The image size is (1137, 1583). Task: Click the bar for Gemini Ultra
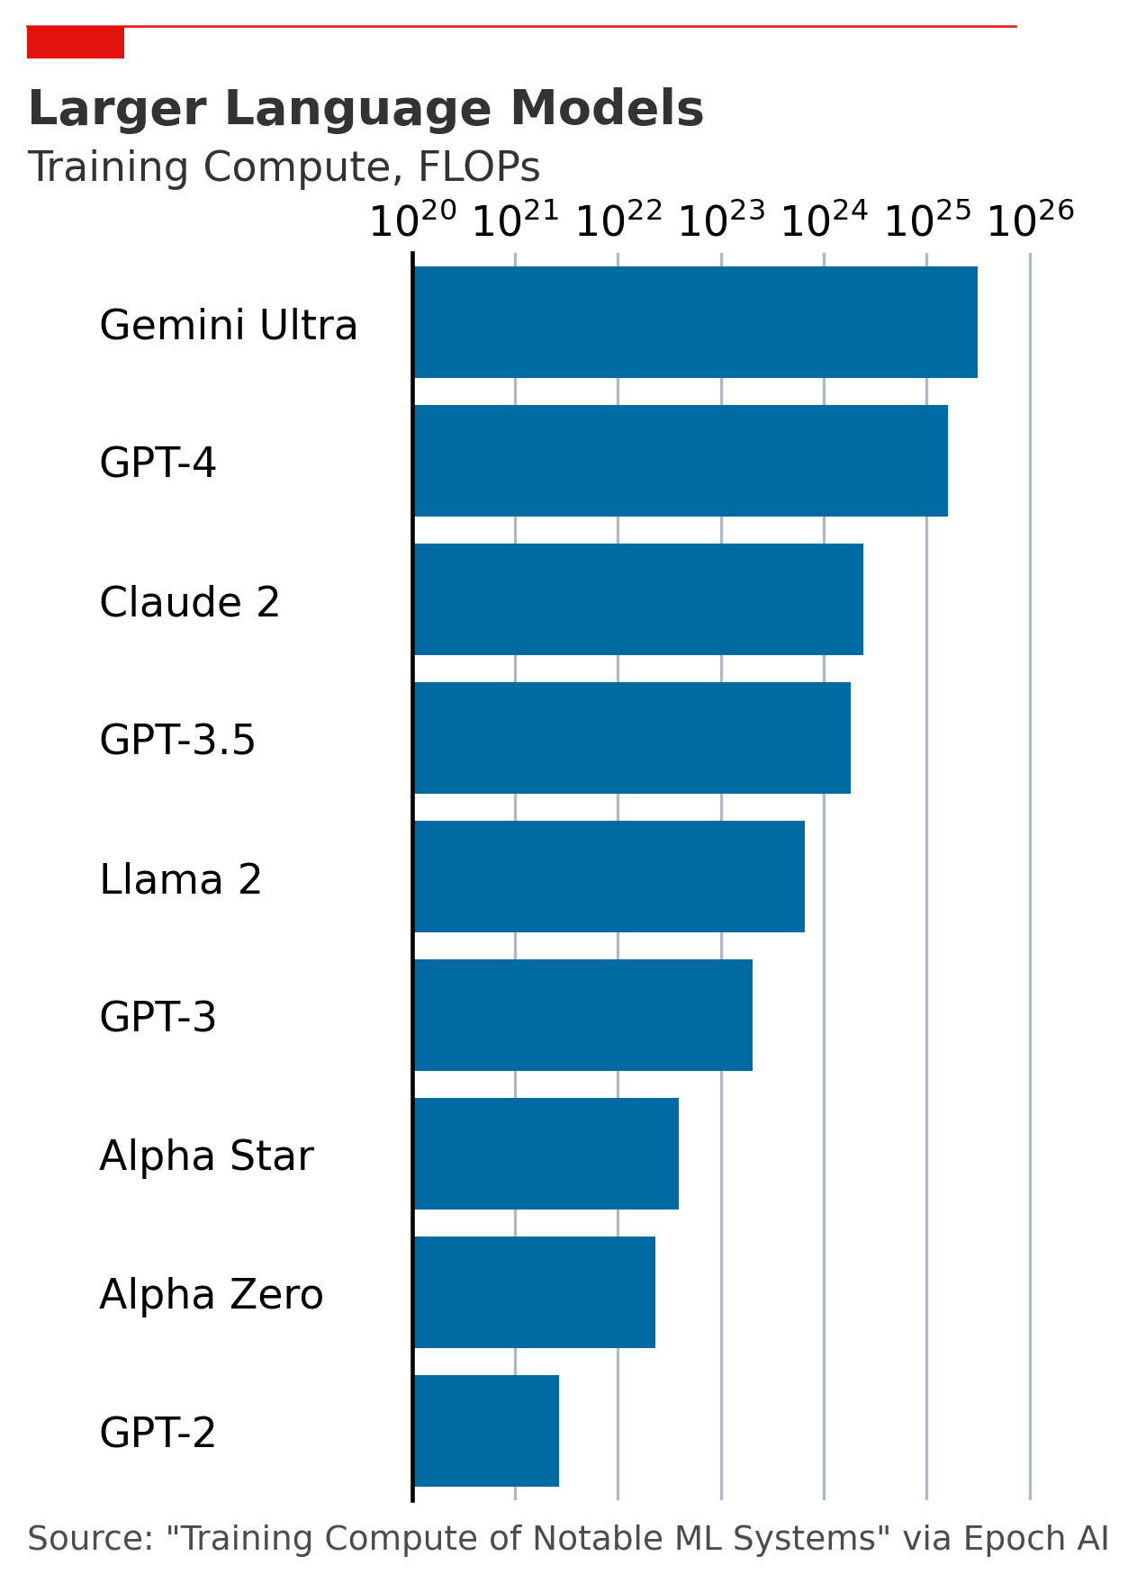pos(695,322)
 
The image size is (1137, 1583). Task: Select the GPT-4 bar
pos(681,461)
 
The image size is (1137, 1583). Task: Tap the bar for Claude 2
pos(638,599)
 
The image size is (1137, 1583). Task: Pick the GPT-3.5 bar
pos(632,738)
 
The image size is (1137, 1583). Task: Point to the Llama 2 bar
pos(609,877)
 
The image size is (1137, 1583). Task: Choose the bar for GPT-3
pos(583,1015)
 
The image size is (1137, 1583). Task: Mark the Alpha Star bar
pos(546,1154)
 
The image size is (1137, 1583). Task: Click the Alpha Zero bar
pos(535,1292)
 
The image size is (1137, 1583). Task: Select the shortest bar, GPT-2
pos(486,1431)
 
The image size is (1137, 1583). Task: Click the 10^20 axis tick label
pos(413,220)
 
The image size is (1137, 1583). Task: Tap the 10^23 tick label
pos(721,220)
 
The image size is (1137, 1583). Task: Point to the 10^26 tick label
pos(1030,220)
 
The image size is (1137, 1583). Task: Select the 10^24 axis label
pos(824,220)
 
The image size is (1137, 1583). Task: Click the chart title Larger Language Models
pos(365,109)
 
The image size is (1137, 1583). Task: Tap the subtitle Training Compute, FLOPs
pos(284,167)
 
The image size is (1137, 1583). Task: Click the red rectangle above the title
pos(76,43)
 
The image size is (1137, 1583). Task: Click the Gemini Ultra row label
pos(229,325)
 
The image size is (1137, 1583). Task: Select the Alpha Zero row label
pos(212,1295)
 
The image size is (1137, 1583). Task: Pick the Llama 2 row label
pos(181,879)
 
